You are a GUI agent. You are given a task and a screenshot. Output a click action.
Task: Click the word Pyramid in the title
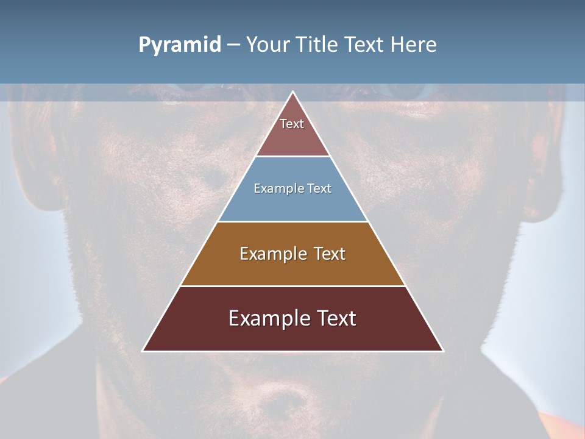[x=179, y=45]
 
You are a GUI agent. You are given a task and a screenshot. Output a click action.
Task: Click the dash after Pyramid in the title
[x=233, y=45]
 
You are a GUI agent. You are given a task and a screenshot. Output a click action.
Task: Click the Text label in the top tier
[x=292, y=124]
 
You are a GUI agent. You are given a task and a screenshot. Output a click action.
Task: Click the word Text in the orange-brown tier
[x=330, y=254]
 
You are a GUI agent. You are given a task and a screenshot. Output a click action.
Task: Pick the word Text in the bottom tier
[x=336, y=318]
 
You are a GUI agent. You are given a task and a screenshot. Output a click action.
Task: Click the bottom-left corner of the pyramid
[x=143, y=351]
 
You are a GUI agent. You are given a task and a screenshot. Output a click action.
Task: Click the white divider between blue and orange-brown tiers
[x=292, y=221]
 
